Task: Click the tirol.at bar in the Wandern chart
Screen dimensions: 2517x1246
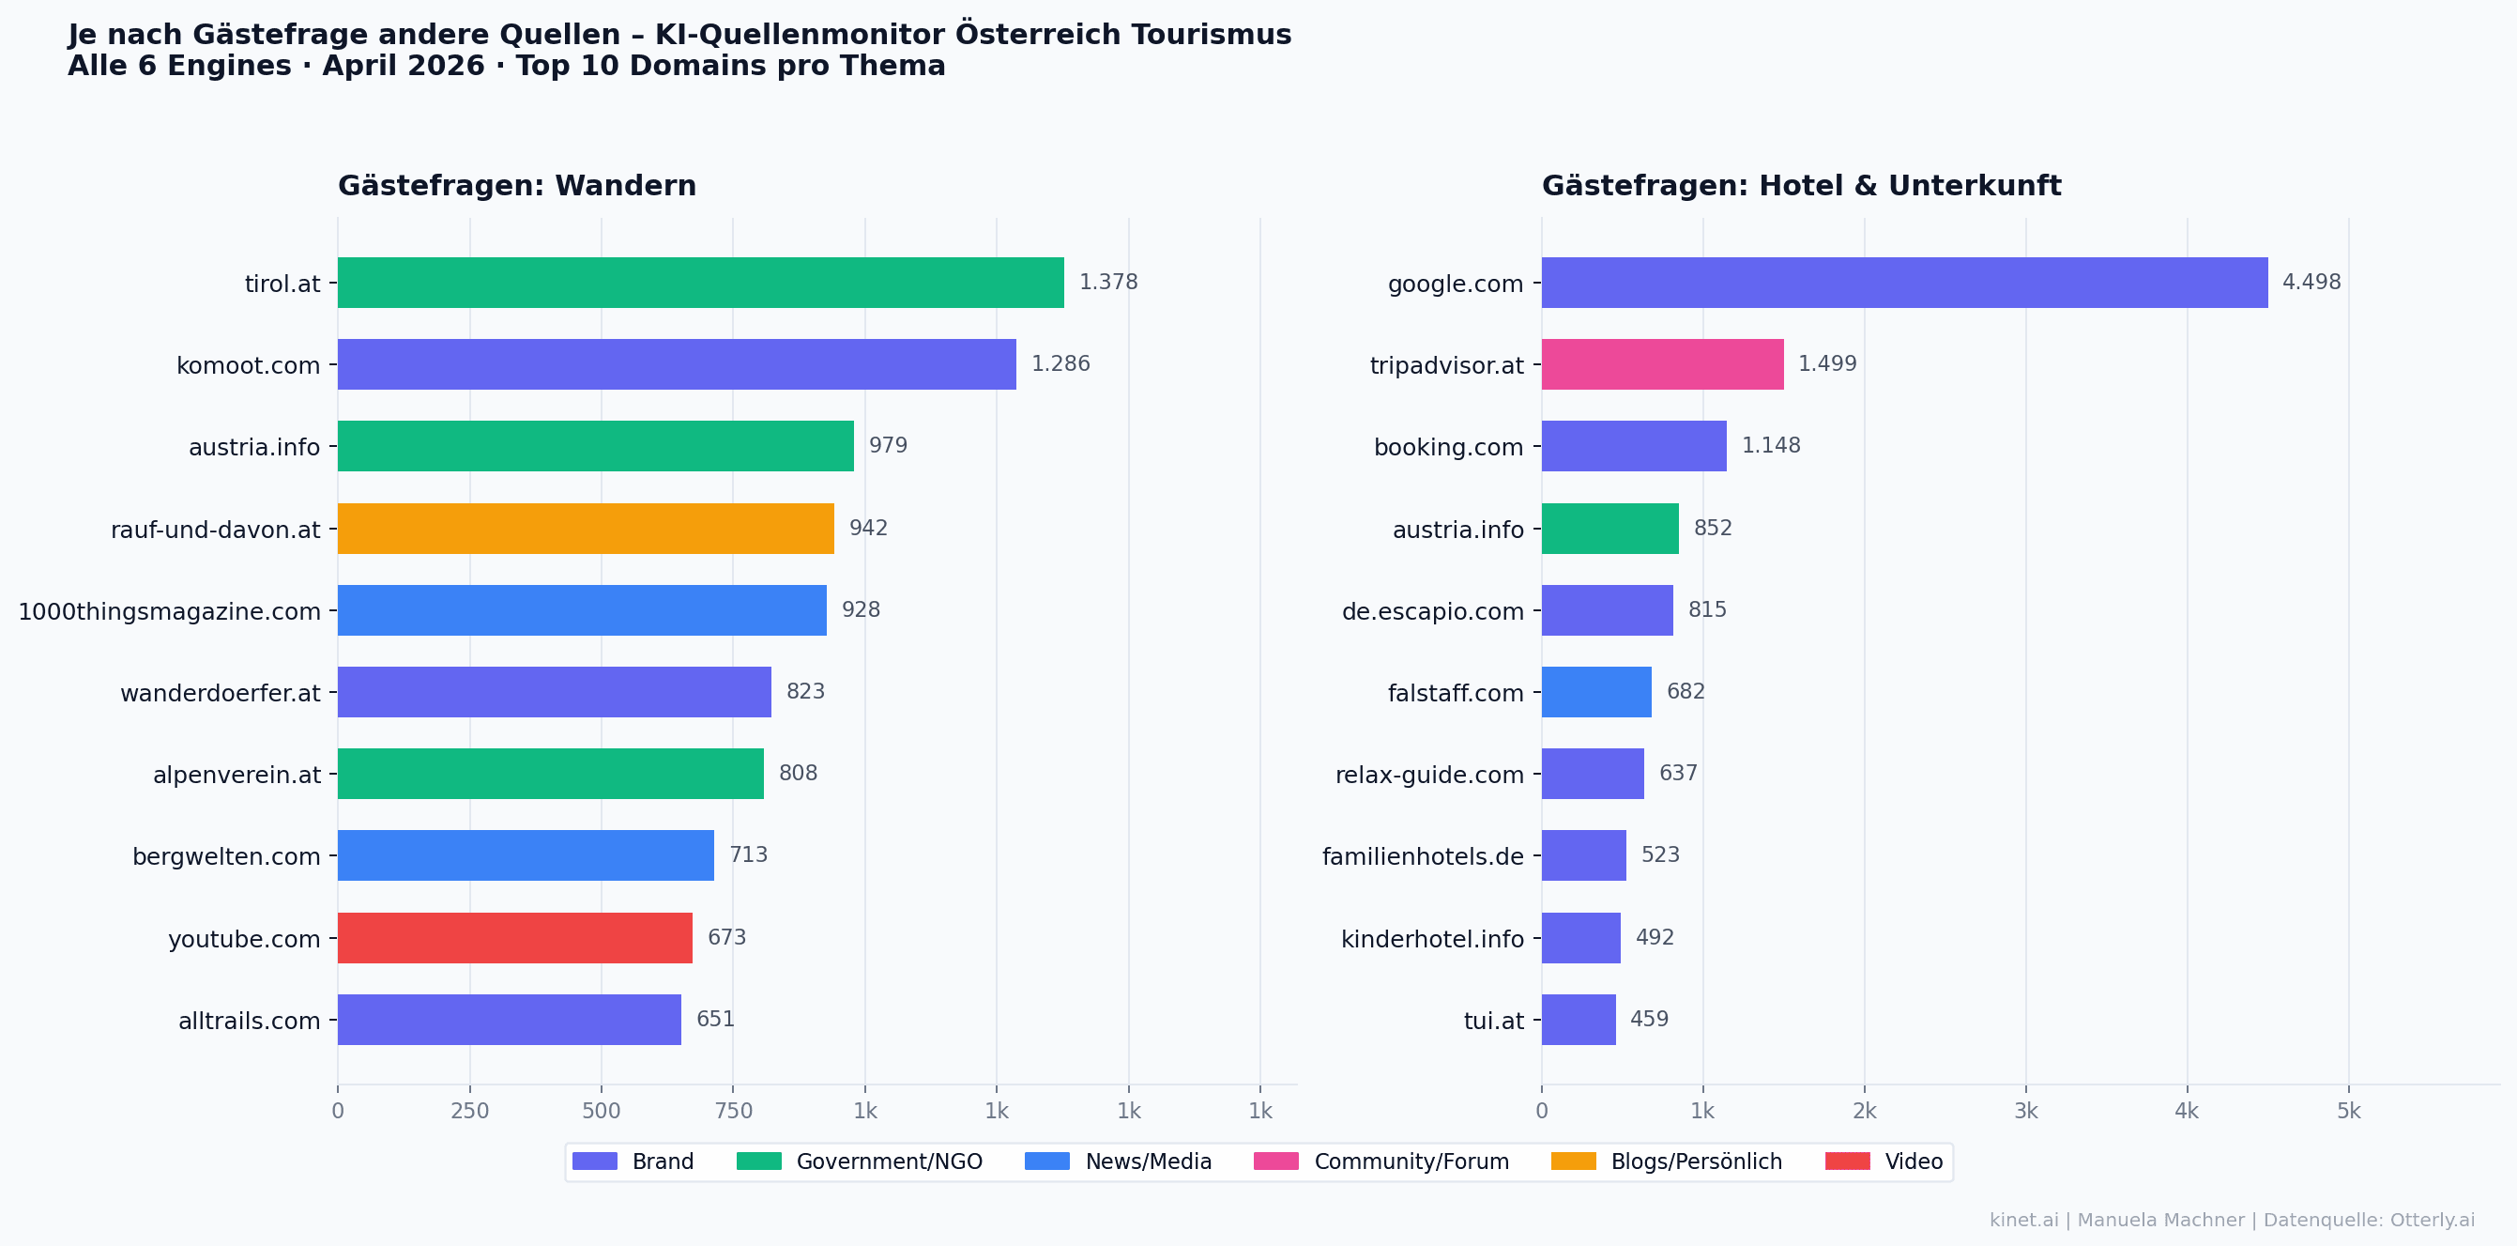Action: [701, 283]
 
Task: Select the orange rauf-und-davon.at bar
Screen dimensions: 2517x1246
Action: [587, 529]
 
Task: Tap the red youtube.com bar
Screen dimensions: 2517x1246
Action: [515, 938]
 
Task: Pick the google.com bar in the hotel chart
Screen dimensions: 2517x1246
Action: [1904, 283]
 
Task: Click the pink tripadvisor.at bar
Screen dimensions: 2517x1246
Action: [1663, 364]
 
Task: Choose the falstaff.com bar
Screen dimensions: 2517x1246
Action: [1596, 692]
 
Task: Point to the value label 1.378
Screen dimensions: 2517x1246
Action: [1108, 283]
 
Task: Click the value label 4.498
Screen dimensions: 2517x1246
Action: [2311, 283]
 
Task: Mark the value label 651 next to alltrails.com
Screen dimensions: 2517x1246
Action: [715, 1020]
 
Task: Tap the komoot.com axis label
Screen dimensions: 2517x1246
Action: [248, 365]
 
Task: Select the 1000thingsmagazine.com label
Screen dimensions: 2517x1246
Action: [169, 612]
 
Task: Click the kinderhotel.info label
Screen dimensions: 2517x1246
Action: [1432, 939]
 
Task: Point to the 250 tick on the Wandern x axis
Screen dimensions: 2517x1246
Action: [470, 1111]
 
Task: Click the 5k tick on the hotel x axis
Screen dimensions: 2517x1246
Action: [2349, 1111]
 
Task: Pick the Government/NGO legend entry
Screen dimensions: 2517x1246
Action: [860, 1161]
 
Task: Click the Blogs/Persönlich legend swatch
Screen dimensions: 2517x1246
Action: [1573, 1161]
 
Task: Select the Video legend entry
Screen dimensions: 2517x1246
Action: [1884, 1161]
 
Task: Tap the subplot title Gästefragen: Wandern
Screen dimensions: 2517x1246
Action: [517, 186]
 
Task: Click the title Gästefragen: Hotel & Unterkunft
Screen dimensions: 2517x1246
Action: [1801, 186]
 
